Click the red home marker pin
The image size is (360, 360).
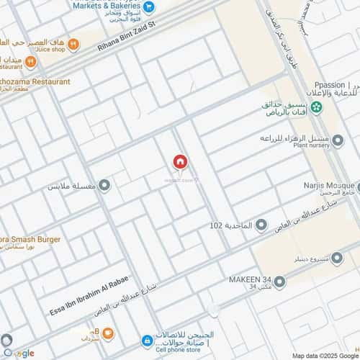pos(180,162)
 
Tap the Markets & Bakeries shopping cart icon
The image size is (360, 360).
pos(148,8)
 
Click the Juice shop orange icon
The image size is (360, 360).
pos(30,62)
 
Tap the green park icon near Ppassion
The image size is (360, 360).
pos(315,107)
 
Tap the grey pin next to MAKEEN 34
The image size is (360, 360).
pos(279,281)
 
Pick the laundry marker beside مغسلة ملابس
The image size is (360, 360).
pos(104,186)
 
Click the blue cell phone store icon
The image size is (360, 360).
pos(147,340)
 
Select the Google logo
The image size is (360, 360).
pos(19,353)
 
